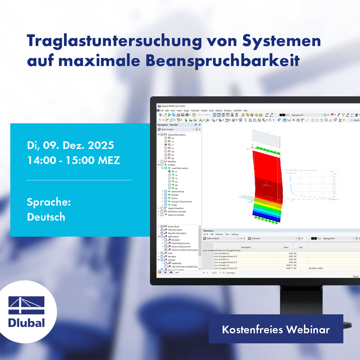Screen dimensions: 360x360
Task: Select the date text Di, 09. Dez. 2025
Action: [70, 145]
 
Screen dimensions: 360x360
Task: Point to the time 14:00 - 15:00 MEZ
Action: [73, 161]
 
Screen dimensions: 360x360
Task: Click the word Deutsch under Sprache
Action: [46, 217]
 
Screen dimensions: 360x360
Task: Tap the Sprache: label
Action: [49, 202]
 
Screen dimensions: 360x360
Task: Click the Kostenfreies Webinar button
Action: [276, 329]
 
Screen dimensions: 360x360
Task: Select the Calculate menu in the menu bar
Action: [195, 110]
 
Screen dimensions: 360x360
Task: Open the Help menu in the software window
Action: [245, 110]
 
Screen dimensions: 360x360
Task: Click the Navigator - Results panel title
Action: [168, 125]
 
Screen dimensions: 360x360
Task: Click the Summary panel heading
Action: [208, 231]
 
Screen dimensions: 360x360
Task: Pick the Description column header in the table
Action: [246, 247]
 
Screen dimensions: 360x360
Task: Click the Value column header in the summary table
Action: [286, 247]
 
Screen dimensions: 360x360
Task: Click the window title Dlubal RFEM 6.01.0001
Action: [172, 106]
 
